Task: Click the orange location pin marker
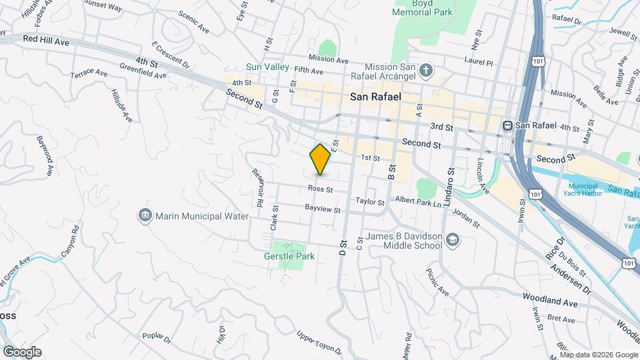pyautogui.click(x=321, y=159)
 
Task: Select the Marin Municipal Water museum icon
pyautogui.click(x=145, y=215)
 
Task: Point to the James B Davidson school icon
pyautogui.click(x=453, y=240)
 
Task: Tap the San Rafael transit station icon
pyautogui.click(x=508, y=125)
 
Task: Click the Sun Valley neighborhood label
pyautogui.click(x=267, y=67)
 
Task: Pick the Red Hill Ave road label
pyautogui.click(x=45, y=41)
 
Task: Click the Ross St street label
pyautogui.click(x=320, y=189)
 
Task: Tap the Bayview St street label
pyautogui.click(x=323, y=210)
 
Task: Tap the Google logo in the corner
pyautogui.click(x=22, y=351)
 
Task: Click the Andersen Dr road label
pyautogui.click(x=571, y=279)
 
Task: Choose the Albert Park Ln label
pyautogui.click(x=419, y=201)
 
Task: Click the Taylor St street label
pyautogui.click(x=370, y=201)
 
